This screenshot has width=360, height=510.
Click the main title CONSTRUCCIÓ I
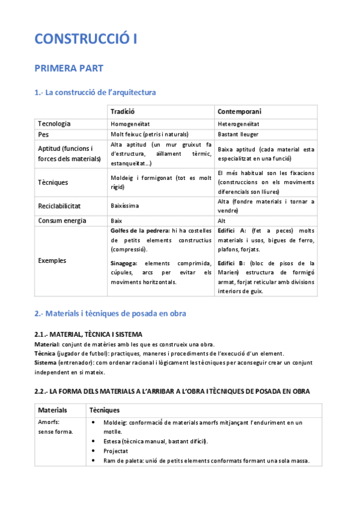86,39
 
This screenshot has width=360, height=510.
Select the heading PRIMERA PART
69,69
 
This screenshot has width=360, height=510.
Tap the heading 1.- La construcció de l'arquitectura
95,93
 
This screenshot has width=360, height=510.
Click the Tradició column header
123,112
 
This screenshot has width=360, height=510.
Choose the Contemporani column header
239,112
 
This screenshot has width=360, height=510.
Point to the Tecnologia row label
54,124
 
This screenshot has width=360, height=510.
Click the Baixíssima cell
124,206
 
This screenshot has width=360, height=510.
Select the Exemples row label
52,260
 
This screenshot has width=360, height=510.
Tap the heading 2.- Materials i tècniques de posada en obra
110,313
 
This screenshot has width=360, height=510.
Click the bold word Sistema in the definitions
47,363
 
